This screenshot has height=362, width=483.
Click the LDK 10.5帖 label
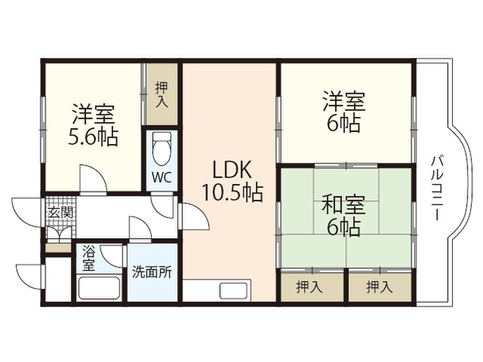(x=232, y=181)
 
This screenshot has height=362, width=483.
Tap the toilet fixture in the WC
(x=162, y=149)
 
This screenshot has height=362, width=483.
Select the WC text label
(x=162, y=177)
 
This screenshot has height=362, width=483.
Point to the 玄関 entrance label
(x=60, y=213)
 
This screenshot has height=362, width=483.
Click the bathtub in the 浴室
(x=99, y=288)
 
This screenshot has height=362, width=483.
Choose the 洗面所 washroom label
(x=152, y=271)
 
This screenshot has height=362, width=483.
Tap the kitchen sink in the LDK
(x=233, y=291)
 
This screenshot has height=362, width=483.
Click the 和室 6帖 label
(x=343, y=216)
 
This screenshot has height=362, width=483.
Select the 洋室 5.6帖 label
(x=93, y=125)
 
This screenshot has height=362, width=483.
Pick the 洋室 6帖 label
(x=344, y=112)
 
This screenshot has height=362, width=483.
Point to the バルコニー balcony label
(x=437, y=188)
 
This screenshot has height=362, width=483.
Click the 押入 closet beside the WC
(x=162, y=94)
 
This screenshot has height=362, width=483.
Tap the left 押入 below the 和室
(x=312, y=287)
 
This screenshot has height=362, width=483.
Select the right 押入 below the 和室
(x=380, y=287)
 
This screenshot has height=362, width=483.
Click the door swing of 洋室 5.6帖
(x=93, y=179)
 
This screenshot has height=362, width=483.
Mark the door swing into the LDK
(x=194, y=216)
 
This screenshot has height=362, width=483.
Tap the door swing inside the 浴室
(x=112, y=256)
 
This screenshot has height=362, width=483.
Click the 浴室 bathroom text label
(x=88, y=259)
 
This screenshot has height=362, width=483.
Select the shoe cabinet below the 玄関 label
(x=59, y=248)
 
